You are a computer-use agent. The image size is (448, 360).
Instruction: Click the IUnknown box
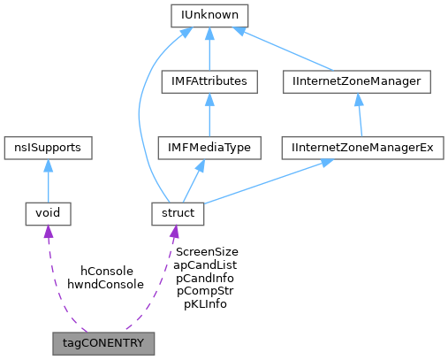[209, 16]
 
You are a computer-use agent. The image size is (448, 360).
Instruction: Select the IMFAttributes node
[209, 82]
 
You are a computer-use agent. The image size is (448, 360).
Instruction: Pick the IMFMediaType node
[209, 148]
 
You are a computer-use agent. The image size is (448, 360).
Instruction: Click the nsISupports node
[48, 148]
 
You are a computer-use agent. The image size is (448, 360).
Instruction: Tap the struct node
[178, 213]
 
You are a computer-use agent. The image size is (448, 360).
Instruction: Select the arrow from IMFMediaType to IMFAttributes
[209, 117]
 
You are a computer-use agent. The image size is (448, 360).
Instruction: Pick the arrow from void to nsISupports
[47, 182]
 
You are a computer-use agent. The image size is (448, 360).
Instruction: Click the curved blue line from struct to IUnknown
[141, 115]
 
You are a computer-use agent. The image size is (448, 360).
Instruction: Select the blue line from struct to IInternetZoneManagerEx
[265, 182]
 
